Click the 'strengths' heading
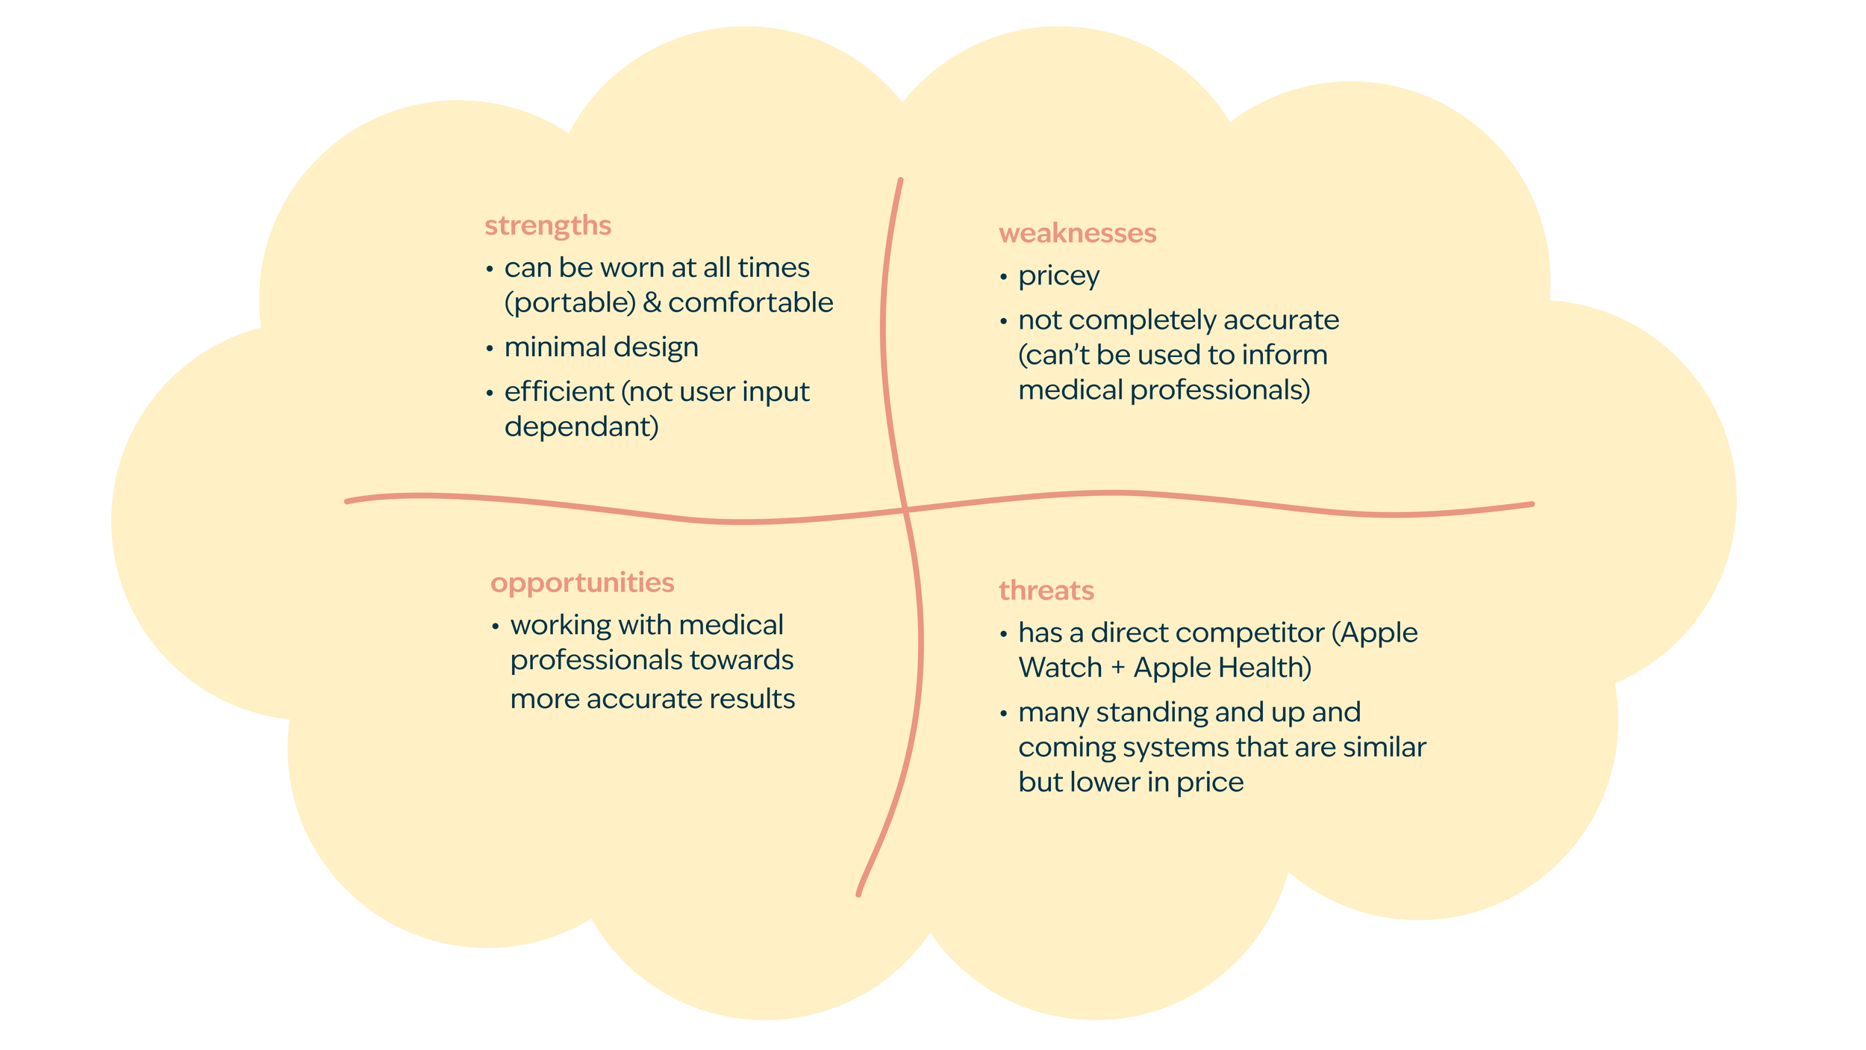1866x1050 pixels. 547,226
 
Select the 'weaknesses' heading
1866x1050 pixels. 1077,233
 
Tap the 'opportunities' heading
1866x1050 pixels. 582,583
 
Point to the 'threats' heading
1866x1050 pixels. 1046,591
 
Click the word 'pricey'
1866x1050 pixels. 1058,276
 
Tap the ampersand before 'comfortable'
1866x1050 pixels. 652,303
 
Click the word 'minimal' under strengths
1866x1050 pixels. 555,347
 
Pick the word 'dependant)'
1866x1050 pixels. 581,427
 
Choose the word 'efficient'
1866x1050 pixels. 559,391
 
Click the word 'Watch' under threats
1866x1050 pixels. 1060,668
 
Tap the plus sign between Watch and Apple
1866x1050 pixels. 1117,668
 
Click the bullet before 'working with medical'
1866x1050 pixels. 496,627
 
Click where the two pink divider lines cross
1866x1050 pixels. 905,510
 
